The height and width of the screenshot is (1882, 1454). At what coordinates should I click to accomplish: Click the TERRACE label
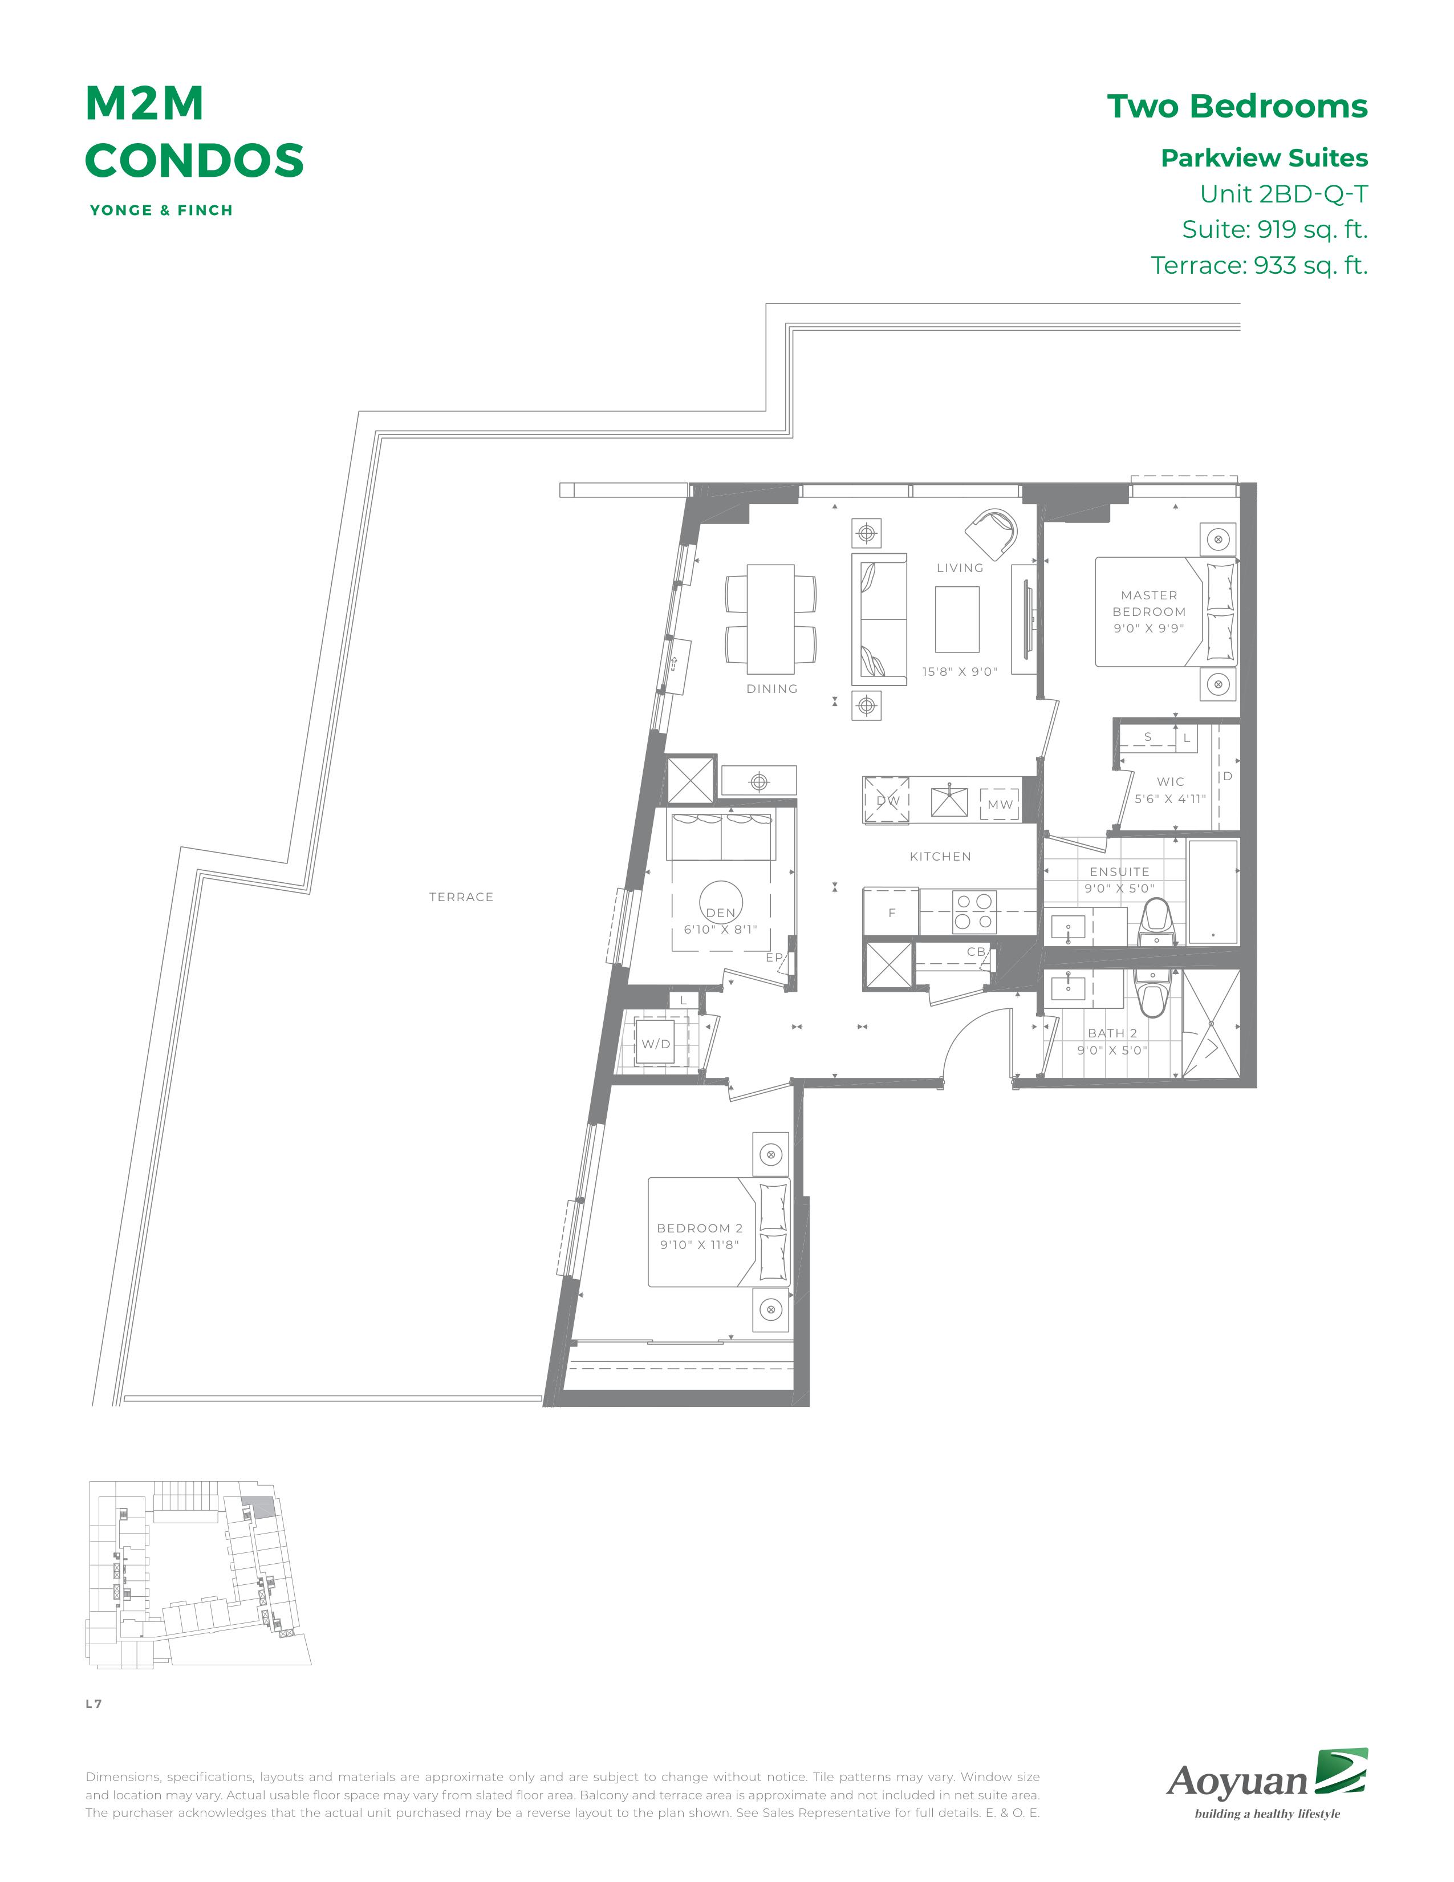[x=461, y=897]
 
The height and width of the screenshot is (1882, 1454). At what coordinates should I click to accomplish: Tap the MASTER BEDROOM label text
[x=1149, y=603]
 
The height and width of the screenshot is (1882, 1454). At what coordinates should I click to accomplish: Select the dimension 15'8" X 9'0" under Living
[x=960, y=671]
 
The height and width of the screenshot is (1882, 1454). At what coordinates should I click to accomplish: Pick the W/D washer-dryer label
[x=656, y=1044]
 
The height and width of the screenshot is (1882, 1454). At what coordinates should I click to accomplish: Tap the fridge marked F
[x=892, y=912]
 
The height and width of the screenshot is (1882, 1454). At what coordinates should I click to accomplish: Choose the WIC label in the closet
[x=1171, y=781]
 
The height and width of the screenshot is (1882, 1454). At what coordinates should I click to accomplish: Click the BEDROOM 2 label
[x=700, y=1228]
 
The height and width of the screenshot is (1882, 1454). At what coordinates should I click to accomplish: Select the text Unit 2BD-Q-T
[x=1284, y=194]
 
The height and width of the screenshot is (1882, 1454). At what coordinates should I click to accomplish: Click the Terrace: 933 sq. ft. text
[x=1260, y=265]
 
